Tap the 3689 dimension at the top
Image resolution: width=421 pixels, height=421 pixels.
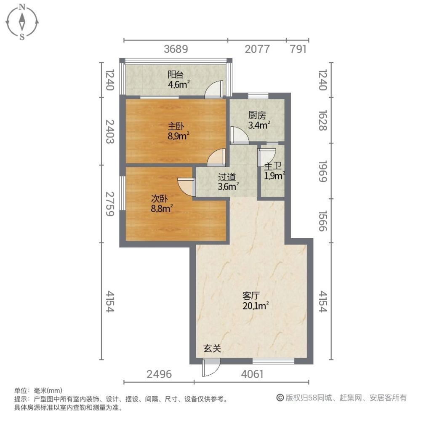[176, 49]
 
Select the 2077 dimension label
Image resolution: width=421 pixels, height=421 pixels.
[257, 49]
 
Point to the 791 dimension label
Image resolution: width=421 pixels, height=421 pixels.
[298, 49]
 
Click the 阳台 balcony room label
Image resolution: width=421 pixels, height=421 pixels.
[176, 75]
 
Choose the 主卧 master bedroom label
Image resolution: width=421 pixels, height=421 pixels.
[176, 126]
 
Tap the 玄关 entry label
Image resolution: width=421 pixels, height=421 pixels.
[212, 348]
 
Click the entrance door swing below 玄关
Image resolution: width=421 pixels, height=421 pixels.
[211, 368]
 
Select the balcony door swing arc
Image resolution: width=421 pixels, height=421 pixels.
[213, 89]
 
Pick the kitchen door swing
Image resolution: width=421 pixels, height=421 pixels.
[239, 135]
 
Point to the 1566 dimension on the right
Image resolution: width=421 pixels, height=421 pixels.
[322, 221]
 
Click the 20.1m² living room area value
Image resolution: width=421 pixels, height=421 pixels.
[256, 306]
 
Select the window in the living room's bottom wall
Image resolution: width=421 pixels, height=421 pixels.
[273, 360]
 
